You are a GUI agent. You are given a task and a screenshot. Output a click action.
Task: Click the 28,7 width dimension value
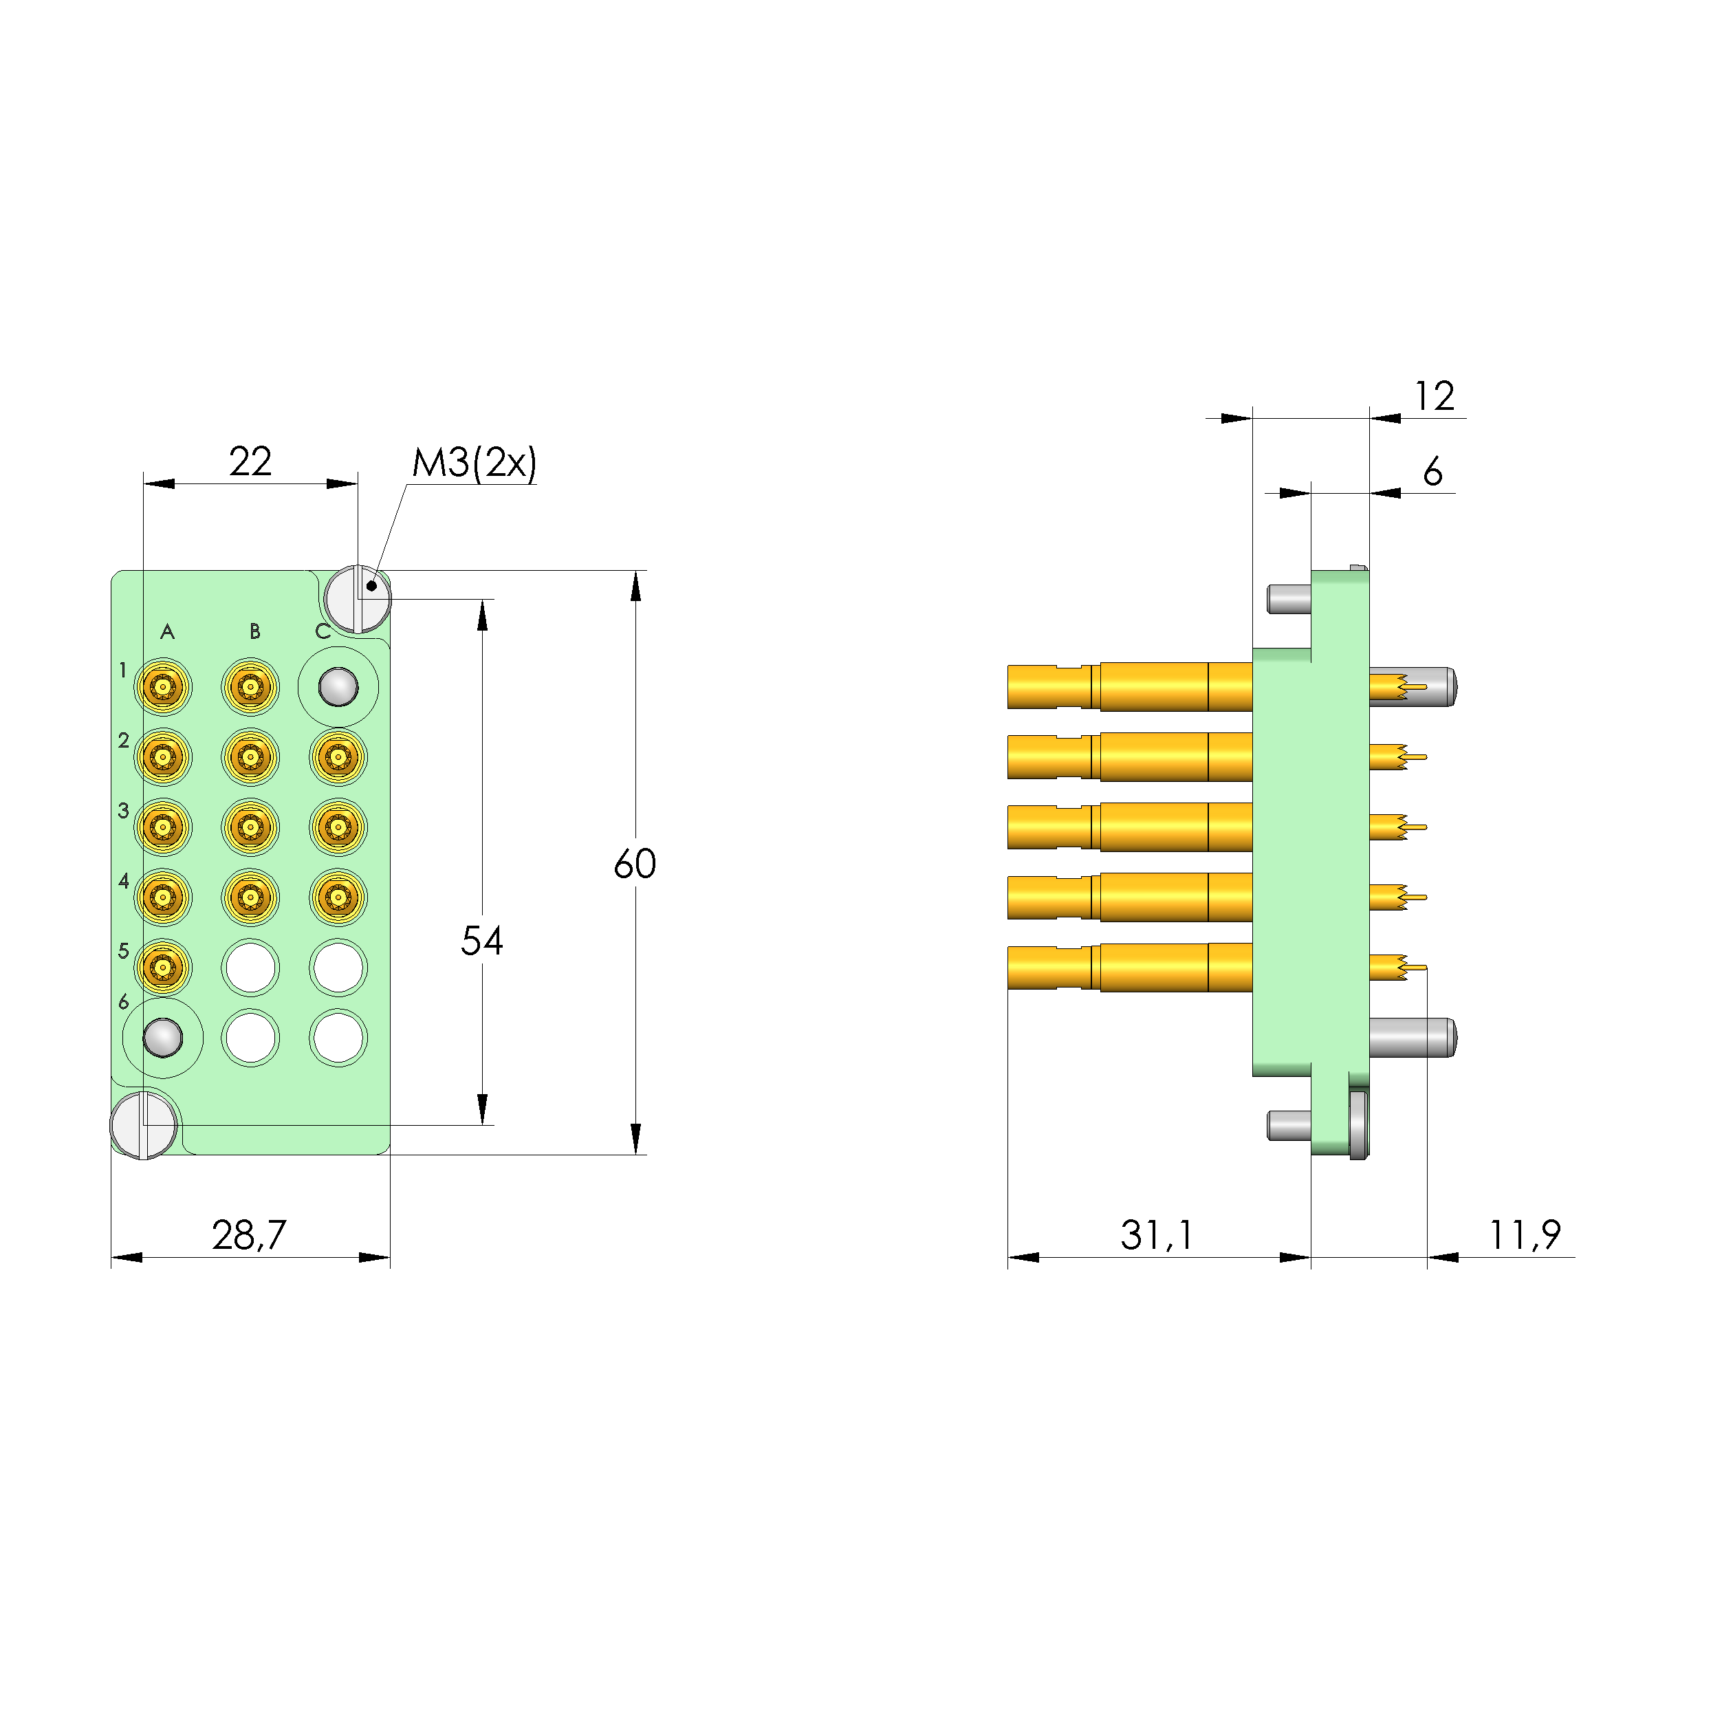(x=249, y=1234)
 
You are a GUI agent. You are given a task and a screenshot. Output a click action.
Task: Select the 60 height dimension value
(x=635, y=864)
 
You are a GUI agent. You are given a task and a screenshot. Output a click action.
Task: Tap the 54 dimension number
(x=481, y=940)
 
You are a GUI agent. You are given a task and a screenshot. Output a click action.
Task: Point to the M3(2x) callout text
(x=475, y=463)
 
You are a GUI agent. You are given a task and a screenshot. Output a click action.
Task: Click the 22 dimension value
(x=250, y=461)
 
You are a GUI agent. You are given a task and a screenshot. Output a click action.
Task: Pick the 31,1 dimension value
(x=1156, y=1234)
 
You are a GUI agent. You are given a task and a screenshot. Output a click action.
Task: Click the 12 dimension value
(x=1434, y=395)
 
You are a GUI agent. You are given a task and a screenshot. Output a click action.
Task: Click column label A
(x=166, y=632)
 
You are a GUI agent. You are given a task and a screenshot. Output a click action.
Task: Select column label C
(x=323, y=632)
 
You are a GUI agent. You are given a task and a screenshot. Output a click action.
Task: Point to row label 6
(x=124, y=1002)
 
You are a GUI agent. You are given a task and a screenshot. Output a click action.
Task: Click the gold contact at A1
(x=163, y=687)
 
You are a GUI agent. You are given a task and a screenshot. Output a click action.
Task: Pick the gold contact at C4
(x=338, y=897)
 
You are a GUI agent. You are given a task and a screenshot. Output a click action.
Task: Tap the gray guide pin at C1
(x=338, y=687)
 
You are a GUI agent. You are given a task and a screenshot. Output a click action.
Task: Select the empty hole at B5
(x=250, y=967)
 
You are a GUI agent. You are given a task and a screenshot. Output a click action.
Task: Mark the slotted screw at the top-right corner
(x=358, y=599)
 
